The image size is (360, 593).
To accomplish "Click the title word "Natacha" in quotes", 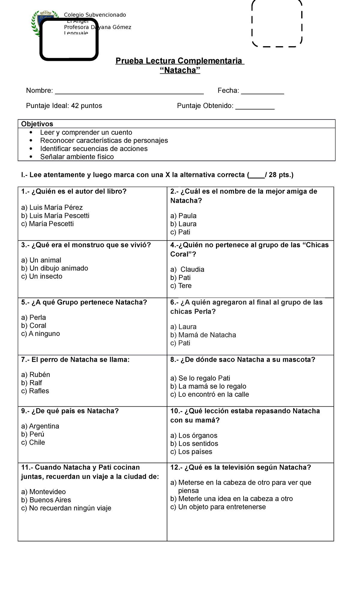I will (x=180, y=70).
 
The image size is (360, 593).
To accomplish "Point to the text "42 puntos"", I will (x=87, y=106).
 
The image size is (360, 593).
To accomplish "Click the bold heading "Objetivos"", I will (x=37, y=124).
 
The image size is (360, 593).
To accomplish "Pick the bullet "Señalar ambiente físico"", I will (x=77, y=157).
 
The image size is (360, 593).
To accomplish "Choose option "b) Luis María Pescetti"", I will (x=55, y=215).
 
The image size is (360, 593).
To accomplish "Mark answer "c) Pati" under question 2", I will (x=180, y=232).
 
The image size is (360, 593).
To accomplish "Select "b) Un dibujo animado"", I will (x=55, y=268).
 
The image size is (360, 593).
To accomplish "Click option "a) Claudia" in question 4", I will (x=187, y=269).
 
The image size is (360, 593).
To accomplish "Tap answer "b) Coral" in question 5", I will (x=34, y=325).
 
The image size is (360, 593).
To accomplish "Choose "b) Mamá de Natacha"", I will (x=203, y=335).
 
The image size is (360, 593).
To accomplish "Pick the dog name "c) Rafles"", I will (x=35, y=391).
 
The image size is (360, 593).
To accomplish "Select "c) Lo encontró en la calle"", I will (x=209, y=394).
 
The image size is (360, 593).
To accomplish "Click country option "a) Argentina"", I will (x=40, y=426).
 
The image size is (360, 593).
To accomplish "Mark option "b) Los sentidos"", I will (x=194, y=443).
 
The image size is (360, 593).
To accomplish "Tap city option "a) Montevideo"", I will (x=43, y=492).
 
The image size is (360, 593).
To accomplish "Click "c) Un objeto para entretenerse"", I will (x=218, y=507).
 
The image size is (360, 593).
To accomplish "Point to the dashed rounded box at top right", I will (x=277, y=23).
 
